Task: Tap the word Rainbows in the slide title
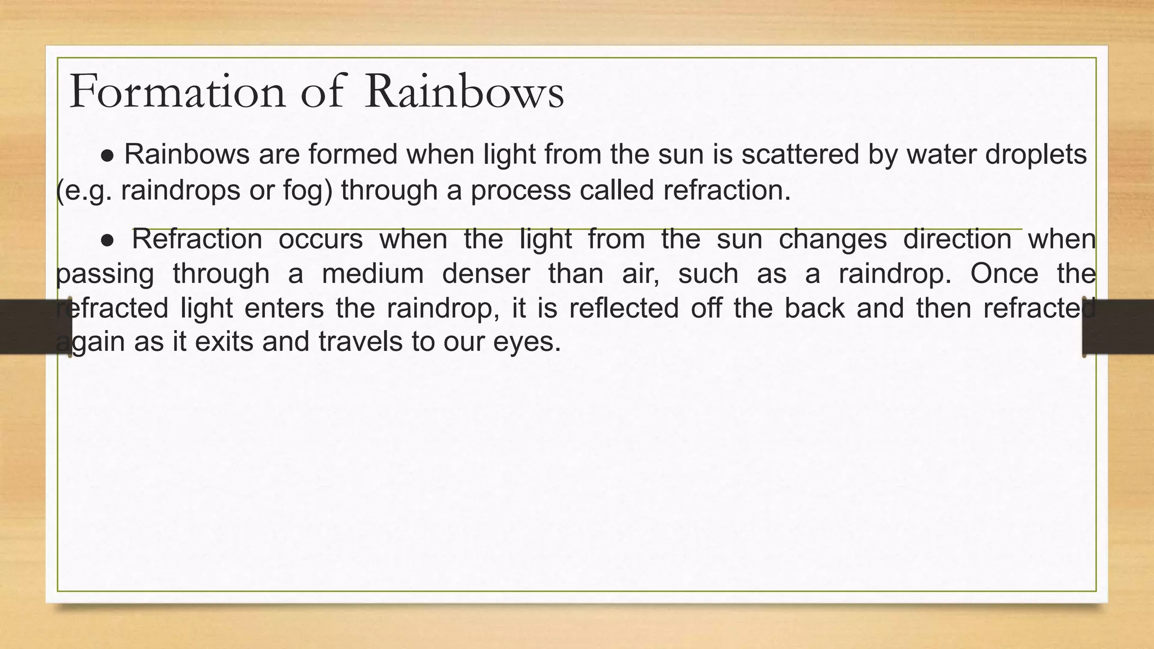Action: click(x=464, y=91)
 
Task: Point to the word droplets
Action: click(x=1036, y=154)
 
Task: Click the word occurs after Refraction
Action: click(x=321, y=239)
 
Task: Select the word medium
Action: click(x=372, y=274)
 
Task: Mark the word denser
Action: click(x=486, y=274)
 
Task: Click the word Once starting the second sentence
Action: click(x=1004, y=274)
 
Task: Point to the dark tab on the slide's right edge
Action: click(x=1119, y=327)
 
